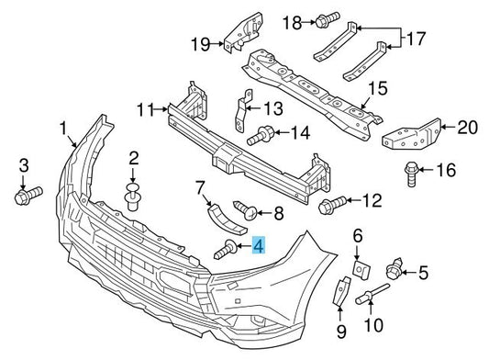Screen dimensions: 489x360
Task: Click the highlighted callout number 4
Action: [259, 245]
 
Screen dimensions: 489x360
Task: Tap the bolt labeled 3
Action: [28, 196]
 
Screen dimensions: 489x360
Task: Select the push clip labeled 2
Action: [132, 197]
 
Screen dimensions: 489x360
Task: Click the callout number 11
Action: [146, 109]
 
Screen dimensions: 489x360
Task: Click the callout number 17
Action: [416, 39]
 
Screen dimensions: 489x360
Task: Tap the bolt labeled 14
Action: [261, 135]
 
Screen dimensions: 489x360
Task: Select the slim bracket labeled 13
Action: [243, 111]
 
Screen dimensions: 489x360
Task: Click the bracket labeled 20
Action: [411, 135]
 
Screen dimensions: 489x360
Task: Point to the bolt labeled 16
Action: [411, 174]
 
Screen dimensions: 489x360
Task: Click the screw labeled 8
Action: [246, 210]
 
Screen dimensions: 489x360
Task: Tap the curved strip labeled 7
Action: [227, 219]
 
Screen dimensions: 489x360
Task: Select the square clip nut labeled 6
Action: [361, 268]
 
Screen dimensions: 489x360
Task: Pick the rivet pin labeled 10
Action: [372, 295]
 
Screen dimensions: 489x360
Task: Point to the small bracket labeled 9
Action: [341, 291]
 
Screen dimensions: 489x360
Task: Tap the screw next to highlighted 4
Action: [226, 249]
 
